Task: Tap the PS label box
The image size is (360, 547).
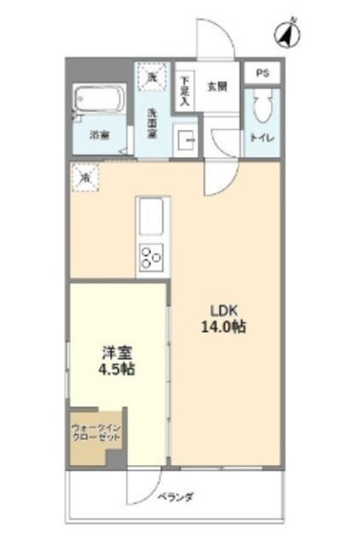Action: point(262,74)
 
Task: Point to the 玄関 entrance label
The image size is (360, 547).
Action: point(216,86)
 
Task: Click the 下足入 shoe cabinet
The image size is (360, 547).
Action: point(185,89)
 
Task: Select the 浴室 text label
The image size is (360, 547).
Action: point(100,135)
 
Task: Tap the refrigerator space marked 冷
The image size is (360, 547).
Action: point(86,178)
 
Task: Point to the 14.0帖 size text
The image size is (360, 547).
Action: point(223,326)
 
